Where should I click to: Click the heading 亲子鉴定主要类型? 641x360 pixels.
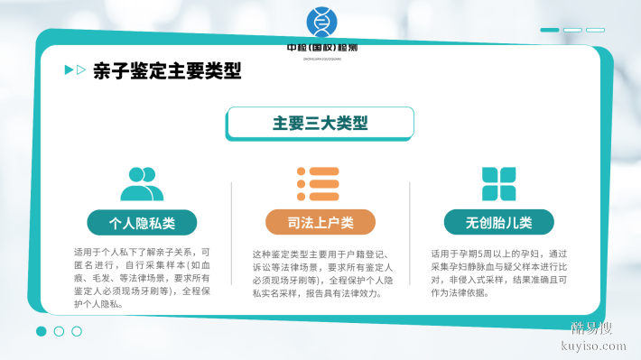pos(167,70)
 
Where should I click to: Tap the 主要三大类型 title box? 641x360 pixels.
pos(320,123)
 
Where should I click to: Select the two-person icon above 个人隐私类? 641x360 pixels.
pos(142,183)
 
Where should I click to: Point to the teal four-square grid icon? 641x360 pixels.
pos(498,183)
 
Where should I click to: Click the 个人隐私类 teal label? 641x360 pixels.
pos(142,223)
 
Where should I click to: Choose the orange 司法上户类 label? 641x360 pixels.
pos(320,223)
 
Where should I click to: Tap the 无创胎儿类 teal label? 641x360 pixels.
pos(498,223)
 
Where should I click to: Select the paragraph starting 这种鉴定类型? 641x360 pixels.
pos(320,273)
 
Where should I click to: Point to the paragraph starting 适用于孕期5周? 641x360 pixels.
pos(498,273)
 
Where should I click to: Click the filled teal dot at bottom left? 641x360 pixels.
pos(42,331)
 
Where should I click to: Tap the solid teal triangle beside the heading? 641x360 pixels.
pos(70,70)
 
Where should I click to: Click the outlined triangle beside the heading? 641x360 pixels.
pos(82,70)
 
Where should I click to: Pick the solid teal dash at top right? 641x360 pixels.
pos(549,30)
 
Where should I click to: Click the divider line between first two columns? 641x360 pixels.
pos(232,244)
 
